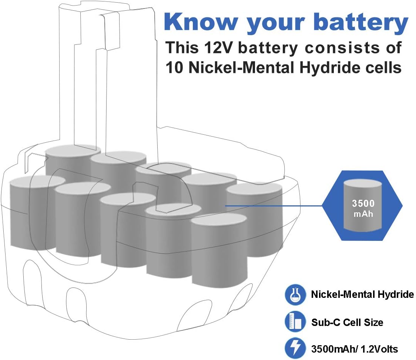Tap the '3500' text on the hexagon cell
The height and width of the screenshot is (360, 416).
click(x=363, y=203)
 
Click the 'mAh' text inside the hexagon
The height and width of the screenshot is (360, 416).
click(x=363, y=213)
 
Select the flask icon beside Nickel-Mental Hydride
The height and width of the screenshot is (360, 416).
click(x=295, y=295)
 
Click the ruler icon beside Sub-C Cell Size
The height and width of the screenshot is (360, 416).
click(x=295, y=322)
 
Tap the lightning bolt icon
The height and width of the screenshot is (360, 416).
click(x=295, y=348)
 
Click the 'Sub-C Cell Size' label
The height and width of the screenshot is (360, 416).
click(x=347, y=322)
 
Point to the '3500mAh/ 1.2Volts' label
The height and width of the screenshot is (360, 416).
click(x=354, y=349)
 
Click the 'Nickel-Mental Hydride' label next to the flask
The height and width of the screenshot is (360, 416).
click(x=362, y=295)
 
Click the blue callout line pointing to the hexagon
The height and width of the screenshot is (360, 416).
click(x=274, y=206)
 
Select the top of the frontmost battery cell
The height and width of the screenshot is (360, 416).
click(x=219, y=219)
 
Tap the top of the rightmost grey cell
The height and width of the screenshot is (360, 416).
click(x=254, y=189)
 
